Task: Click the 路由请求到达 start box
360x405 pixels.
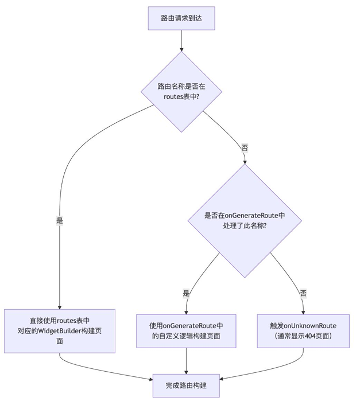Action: [181, 18]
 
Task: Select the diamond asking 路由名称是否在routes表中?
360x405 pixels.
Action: [181, 91]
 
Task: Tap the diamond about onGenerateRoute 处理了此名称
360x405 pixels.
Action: [245, 220]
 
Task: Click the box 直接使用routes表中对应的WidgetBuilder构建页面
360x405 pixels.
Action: [60, 331]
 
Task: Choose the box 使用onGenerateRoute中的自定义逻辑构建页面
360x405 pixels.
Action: [186, 331]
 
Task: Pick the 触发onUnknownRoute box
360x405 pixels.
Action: [303, 331]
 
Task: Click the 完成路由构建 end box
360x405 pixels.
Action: [186, 385]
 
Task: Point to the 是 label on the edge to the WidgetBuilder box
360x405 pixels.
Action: [60, 220]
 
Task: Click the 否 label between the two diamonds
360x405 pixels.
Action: [245, 147]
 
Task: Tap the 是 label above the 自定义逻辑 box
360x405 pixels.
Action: [186, 293]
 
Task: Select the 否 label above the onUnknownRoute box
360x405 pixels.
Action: [303, 293]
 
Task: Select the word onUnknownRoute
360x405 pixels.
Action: [311, 326]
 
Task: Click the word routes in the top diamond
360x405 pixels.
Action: [174, 96]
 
